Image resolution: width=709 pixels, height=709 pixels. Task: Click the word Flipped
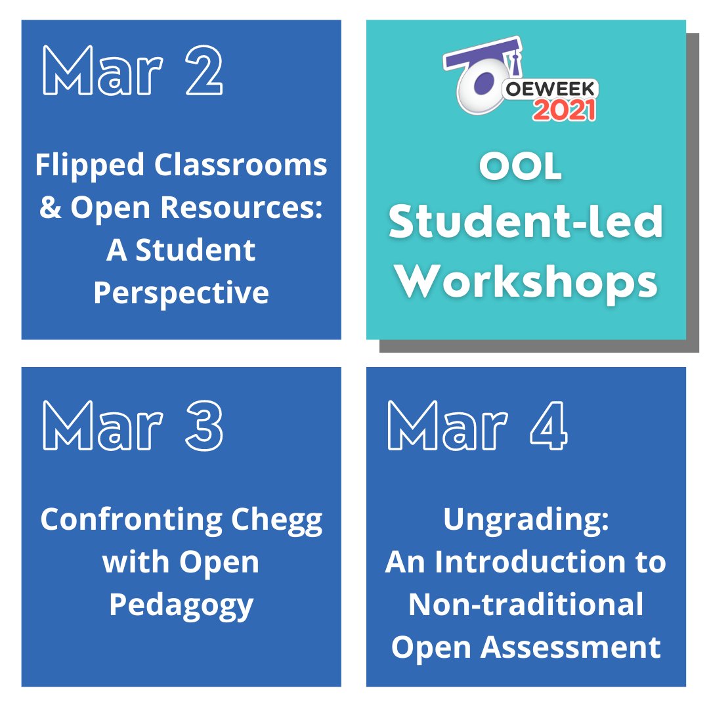point(90,165)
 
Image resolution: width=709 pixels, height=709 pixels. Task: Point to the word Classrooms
point(241,165)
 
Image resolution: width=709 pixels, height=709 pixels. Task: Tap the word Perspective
point(181,292)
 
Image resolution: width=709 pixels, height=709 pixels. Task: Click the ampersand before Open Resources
point(50,207)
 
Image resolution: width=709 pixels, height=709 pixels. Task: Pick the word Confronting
point(134,520)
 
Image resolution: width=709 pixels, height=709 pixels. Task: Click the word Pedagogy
point(181,605)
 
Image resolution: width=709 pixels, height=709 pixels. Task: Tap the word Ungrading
point(526,520)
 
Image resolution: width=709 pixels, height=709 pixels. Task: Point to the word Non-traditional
point(526,605)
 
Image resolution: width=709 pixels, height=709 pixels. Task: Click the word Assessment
point(570,647)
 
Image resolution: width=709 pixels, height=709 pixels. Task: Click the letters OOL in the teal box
point(521,169)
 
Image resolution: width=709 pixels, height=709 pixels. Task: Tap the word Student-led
point(526,223)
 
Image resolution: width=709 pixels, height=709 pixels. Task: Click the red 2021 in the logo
point(564,110)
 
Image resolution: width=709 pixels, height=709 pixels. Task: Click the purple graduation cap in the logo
point(483,56)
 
